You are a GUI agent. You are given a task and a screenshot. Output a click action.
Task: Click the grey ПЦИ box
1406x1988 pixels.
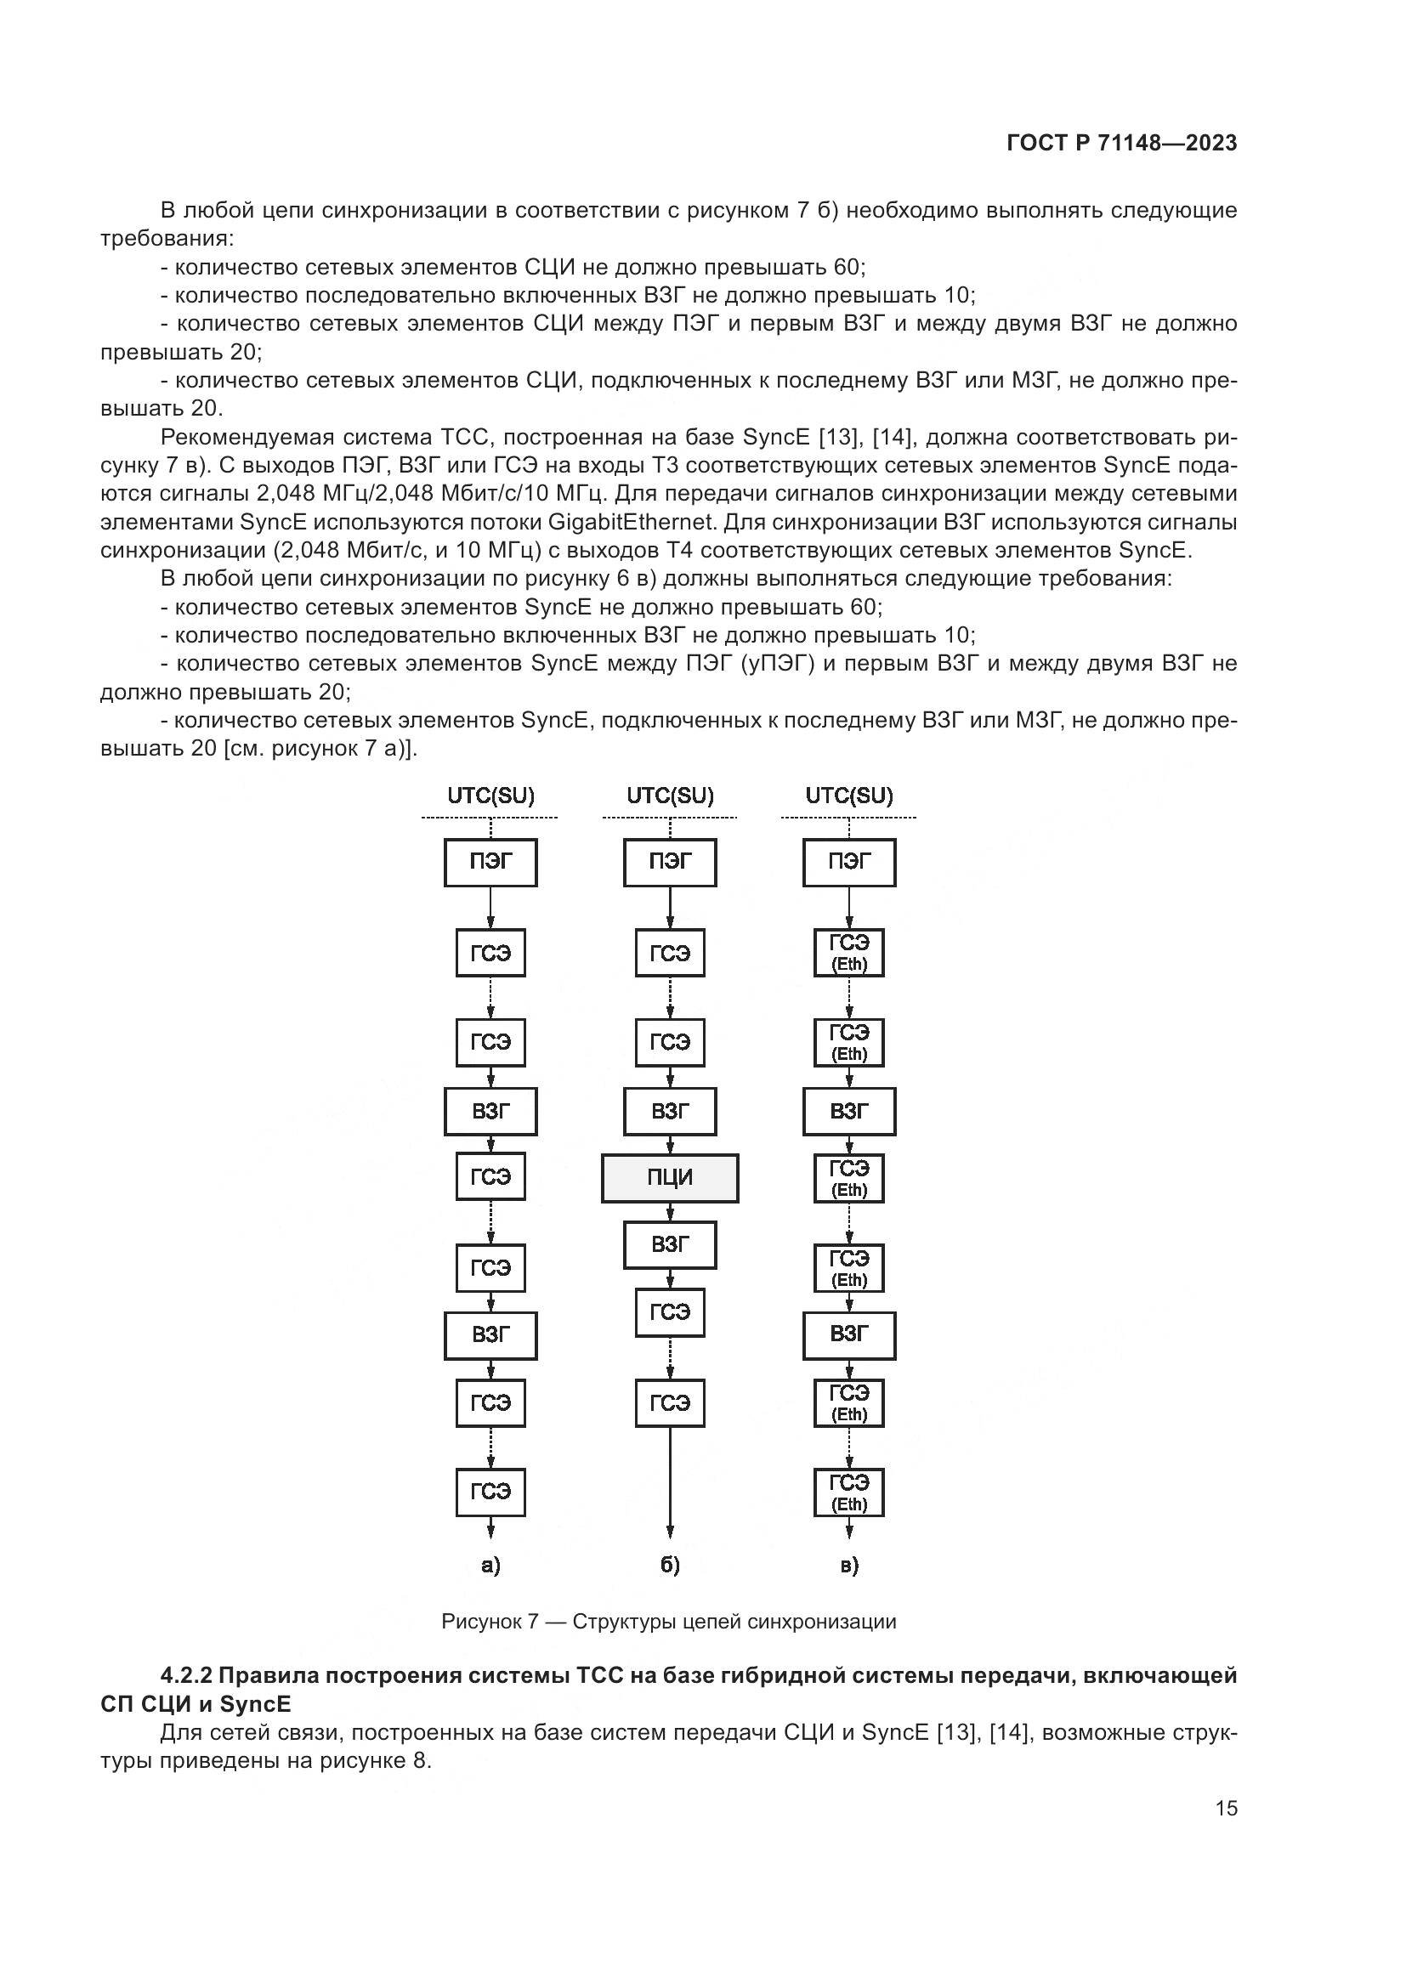(x=669, y=1177)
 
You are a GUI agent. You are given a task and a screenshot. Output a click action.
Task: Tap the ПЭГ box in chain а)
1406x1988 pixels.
(x=490, y=863)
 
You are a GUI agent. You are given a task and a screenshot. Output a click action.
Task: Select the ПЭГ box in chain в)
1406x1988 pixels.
(x=848, y=863)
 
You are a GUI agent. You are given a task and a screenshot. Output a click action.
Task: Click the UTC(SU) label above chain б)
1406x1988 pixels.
(x=670, y=796)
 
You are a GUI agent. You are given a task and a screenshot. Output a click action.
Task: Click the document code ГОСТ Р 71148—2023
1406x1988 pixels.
(x=1122, y=144)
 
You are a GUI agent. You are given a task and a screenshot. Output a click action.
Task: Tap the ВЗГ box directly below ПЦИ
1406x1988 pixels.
(x=669, y=1245)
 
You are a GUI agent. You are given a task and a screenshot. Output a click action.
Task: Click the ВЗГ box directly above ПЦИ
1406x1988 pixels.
(x=669, y=1111)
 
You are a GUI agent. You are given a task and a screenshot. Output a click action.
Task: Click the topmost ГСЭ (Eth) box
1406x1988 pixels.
(x=848, y=953)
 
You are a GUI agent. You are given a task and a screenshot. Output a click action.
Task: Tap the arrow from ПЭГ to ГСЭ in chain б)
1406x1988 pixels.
(x=669, y=908)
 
